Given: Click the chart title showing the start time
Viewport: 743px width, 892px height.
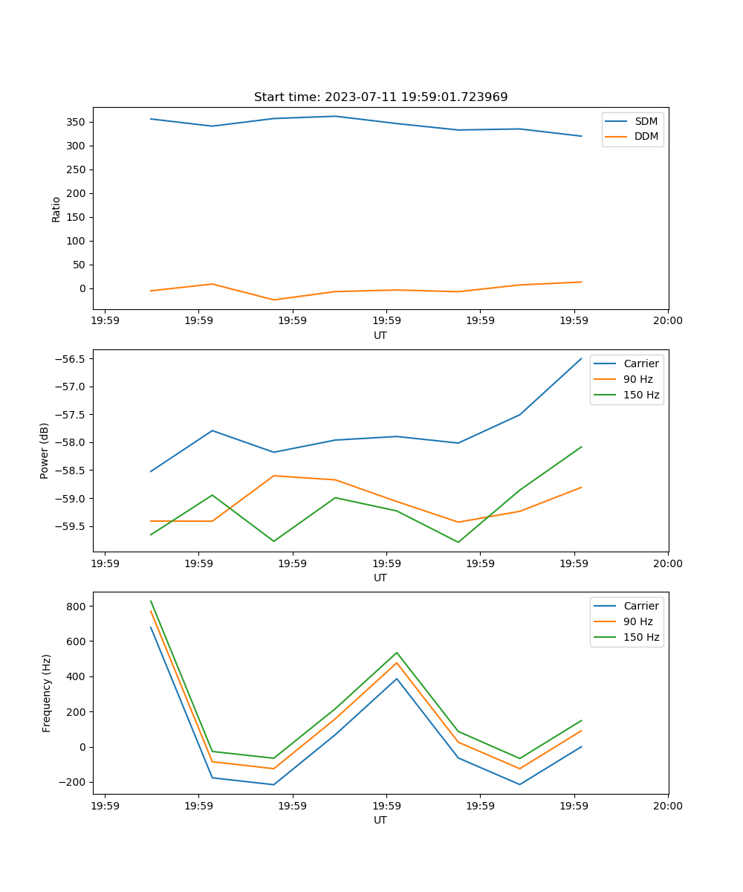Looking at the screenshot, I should point(380,97).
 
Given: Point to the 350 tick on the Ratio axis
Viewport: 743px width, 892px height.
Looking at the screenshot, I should point(77,122).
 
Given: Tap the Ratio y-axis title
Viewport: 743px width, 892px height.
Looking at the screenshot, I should point(56,210).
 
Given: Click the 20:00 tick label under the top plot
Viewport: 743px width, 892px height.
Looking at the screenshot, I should point(667,321).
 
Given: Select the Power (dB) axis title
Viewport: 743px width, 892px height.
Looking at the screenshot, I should point(45,450).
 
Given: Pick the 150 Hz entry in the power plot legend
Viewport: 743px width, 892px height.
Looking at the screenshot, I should point(640,395).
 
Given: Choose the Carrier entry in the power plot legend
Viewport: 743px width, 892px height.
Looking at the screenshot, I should point(640,364).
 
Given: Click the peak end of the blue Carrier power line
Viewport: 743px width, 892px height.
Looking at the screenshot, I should point(581,358).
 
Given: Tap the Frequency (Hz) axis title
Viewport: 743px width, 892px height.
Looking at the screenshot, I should point(47,693).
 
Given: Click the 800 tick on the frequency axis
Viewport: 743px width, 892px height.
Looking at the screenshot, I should point(77,607).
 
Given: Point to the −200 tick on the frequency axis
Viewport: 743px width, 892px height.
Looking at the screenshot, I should point(74,783).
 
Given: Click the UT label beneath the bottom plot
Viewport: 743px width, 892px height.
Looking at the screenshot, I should point(380,820).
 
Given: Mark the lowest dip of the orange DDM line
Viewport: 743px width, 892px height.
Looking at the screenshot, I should point(273,300).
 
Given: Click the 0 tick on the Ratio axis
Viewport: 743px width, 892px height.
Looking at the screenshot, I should point(84,288).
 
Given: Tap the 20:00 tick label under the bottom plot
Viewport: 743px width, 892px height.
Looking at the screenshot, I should point(667,806).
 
